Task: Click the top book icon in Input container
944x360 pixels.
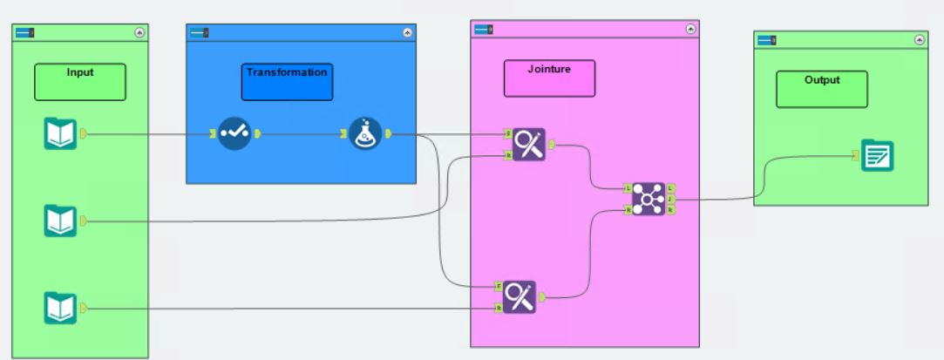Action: tap(61, 134)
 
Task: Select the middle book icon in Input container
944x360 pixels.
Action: tap(61, 221)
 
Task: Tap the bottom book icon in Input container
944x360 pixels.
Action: tap(61, 308)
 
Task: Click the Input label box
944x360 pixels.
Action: tap(80, 82)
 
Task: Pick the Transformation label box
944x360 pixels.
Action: tap(287, 81)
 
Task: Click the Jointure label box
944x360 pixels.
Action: tap(549, 78)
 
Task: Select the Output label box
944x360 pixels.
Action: tap(822, 89)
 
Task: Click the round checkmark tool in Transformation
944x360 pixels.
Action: tap(234, 133)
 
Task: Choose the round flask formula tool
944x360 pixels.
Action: tap(366, 133)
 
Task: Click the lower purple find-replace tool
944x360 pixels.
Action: tap(520, 297)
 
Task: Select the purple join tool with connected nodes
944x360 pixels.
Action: tap(648, 200)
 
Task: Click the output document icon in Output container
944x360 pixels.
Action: tap(877, 155)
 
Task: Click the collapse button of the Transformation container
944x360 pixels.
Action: tap(407, 32)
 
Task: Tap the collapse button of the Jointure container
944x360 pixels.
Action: tap(690, 29)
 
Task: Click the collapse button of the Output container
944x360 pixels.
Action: tap(919, 39)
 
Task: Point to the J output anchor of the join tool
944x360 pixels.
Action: tap(670, 200)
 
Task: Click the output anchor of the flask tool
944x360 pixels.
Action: tap(388, 133)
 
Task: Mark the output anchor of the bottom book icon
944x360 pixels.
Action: tap(83, 308)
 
